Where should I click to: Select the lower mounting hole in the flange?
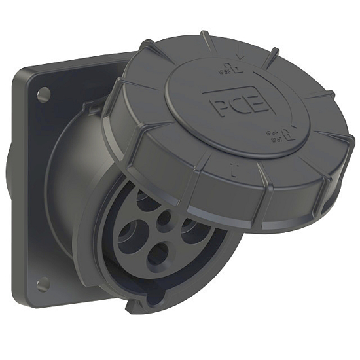(x=44, y=283)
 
